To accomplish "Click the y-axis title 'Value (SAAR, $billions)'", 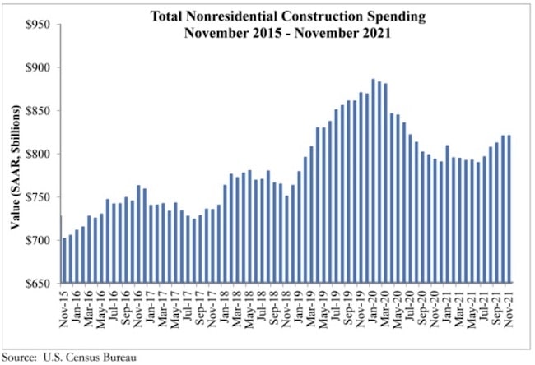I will pos(15,155).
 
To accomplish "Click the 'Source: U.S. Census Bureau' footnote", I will pos(64,356).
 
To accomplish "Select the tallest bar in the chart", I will pos(374,181).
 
